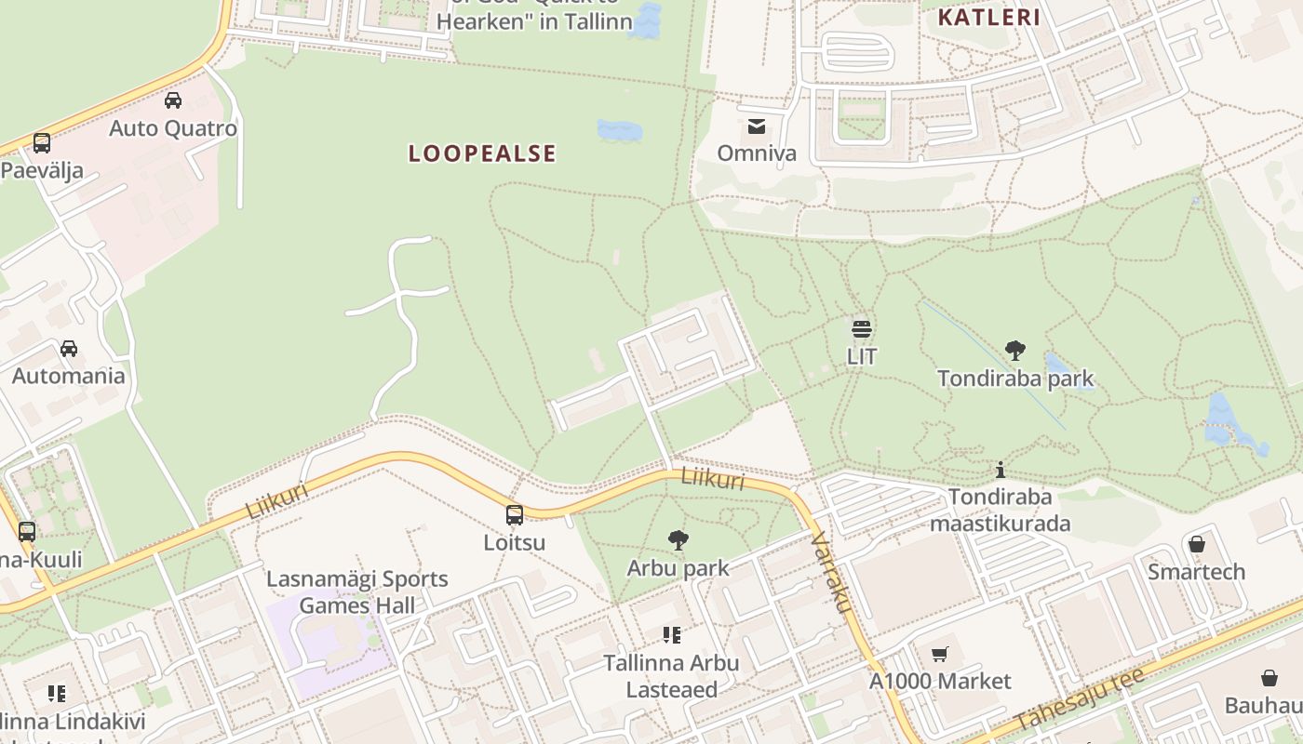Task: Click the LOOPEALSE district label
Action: pos(482,153)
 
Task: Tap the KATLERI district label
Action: pos(988,17)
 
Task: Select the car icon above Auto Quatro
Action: pos(173,100)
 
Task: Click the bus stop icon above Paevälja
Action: pos(42,143)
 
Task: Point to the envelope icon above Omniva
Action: pos(757,126)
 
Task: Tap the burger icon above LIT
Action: pos(861,328)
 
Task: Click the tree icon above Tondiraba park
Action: pos(1014,351)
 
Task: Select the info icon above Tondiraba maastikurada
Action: pos(1001,470)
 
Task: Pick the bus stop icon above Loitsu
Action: pos(514,515)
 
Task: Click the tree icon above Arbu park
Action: pos(678,540)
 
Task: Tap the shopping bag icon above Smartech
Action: pos(1197,543)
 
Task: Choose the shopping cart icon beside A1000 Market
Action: pos(940,654)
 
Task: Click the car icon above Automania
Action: pos(69,349)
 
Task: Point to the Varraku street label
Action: pos(832,572)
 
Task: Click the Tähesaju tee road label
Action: pos(1080,699)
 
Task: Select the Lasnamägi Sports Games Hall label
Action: pos(357,592)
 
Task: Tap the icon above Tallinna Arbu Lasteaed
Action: pos(671,635)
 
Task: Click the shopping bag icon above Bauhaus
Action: pos(1269,678)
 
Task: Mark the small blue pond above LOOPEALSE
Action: pos(619,130)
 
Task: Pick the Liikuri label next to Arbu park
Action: pos(713,478)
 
